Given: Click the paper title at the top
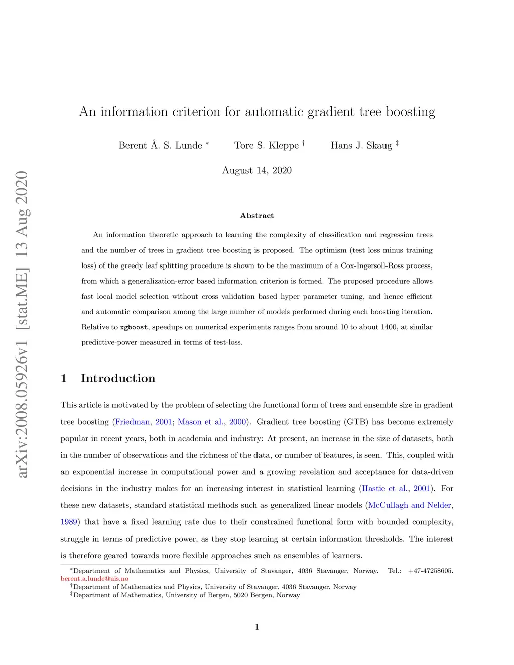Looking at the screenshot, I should click(x=257, y=112).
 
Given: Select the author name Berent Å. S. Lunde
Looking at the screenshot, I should click(x=160, y=145).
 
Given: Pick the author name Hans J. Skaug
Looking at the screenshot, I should click(x=361, y=145).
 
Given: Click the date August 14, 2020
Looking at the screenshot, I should click(x=257, y=170).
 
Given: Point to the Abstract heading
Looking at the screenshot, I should click(x=257, y=216).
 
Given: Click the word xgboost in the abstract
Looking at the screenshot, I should click(x=134, y=327).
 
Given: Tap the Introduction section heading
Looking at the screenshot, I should click(x=118, y=378).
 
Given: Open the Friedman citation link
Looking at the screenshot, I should click(x=133, y=422).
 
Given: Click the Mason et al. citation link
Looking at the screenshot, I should click(x=200, y=422).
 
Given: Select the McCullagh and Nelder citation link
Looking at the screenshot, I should click(x=410, y=505).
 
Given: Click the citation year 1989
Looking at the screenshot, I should click(x=69, y=522).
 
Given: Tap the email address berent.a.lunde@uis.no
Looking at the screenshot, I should click(x=94, y=579).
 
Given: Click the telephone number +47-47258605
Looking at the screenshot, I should click(x=430, y=571).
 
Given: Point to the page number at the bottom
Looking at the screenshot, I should click(x=257, y=627).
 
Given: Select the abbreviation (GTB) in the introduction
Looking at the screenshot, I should click(x=356, y=422).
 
